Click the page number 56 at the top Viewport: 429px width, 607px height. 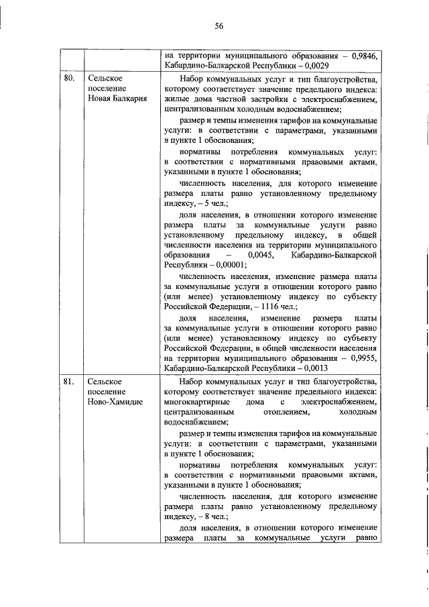click(x=219, y=26)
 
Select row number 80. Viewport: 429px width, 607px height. click(x=68, y=79)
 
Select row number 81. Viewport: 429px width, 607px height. click(x=68, y=382)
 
